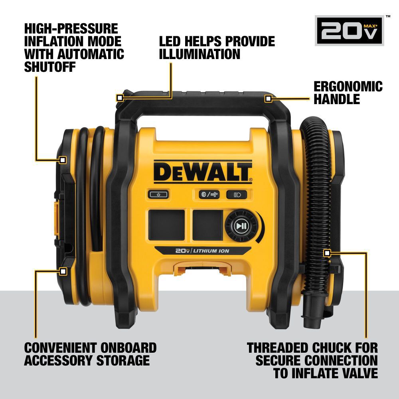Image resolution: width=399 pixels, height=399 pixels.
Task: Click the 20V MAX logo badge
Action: (349, 31)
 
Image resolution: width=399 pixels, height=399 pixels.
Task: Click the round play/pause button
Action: (240, 226)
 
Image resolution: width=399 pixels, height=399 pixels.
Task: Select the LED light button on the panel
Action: (237, 195)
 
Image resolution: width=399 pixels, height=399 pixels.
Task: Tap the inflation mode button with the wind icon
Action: (209, 195)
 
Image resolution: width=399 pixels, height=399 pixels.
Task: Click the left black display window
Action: (167, 225)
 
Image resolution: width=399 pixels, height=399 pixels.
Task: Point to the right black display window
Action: (207, 225)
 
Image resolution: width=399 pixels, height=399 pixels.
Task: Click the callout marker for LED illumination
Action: (119, 98)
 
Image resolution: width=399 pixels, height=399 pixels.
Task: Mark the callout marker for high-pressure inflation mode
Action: (62, 160)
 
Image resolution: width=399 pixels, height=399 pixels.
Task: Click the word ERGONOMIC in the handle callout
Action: (348, 87)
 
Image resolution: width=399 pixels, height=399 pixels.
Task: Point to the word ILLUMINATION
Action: (200, 54)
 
